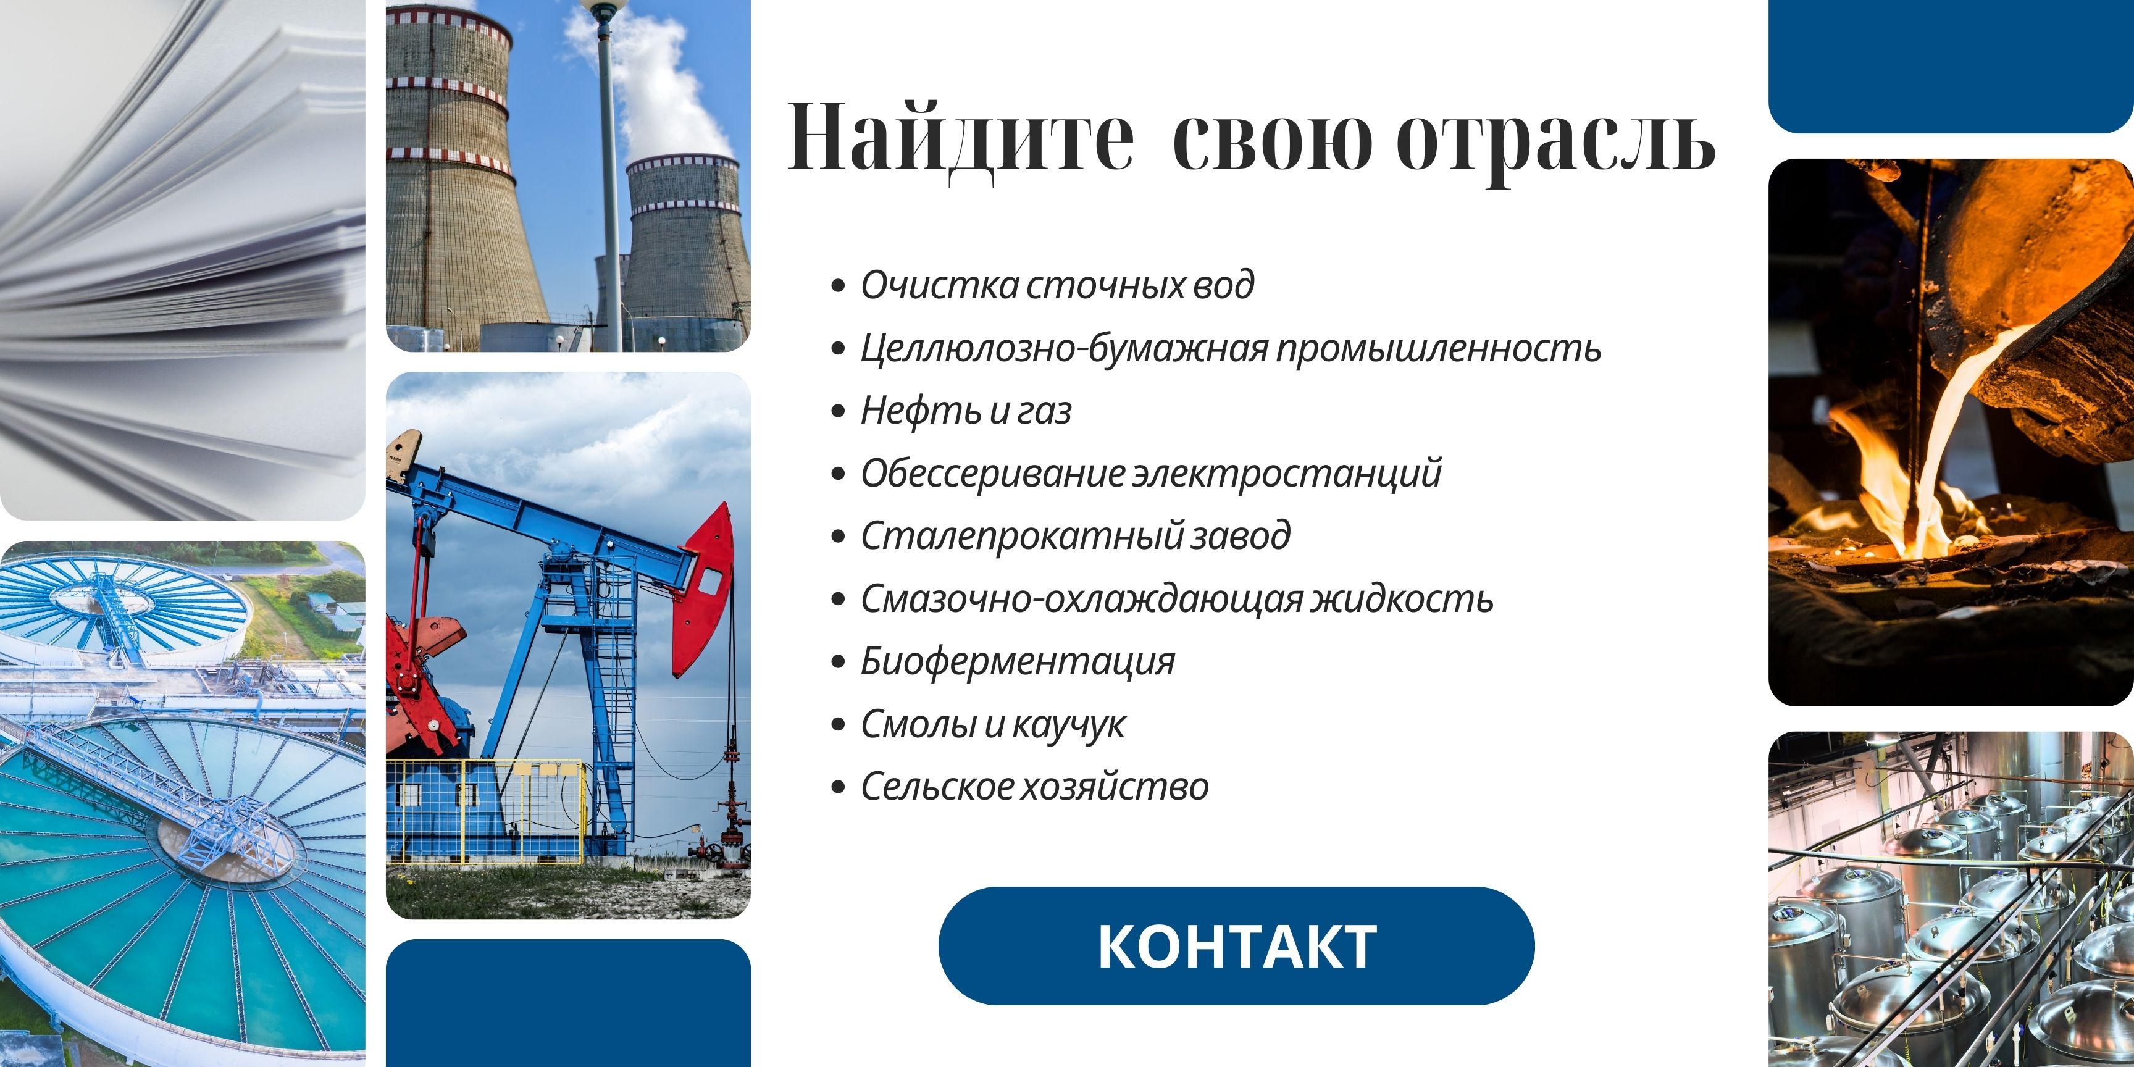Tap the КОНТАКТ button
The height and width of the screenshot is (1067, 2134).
coord(1236,946)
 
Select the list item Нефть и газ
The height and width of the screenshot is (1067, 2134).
coord(966,411)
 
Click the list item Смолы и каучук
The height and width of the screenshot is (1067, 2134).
coord(992,725)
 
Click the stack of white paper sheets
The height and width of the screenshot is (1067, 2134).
coord(182,257)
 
